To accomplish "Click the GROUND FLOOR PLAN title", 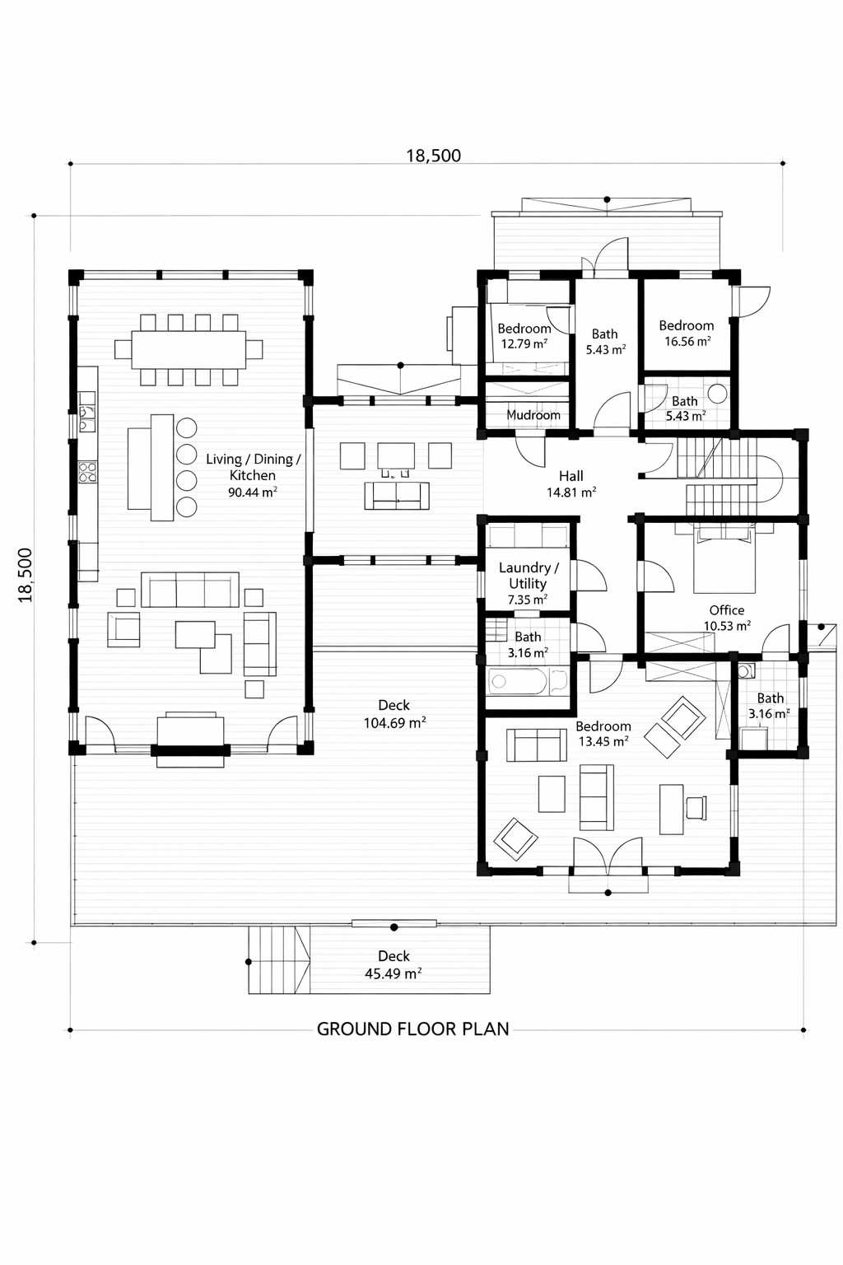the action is pyautogui.click(x=412, y=1029).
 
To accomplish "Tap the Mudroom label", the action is pyautogui.click(x=533, y=415).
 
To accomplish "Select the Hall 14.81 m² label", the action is pyautogui.click(x=571, y=484).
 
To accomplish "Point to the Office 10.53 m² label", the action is pyautogui.click(x=727, y=618).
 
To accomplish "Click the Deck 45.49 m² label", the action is pyautogui.click(x=394, y=964).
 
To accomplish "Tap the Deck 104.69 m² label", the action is pyautogui.click(x=394, y=714).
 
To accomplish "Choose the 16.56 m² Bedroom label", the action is pyautogui.click(x=686, y=334).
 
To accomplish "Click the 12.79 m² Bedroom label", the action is pyautogui.click(x=524, y=336).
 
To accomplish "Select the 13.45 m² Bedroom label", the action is pyautogui.click(x=603, y=734).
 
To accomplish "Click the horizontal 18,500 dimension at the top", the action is pyautogui.click(x=434, y=156).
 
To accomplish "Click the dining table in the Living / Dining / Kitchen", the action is pyautogui.click(x=189, y=349).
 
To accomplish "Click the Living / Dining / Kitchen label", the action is pyautogui.click(x=253, y=475).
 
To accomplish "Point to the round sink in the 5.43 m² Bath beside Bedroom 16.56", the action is pyautogui.click(x=717, y=394).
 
